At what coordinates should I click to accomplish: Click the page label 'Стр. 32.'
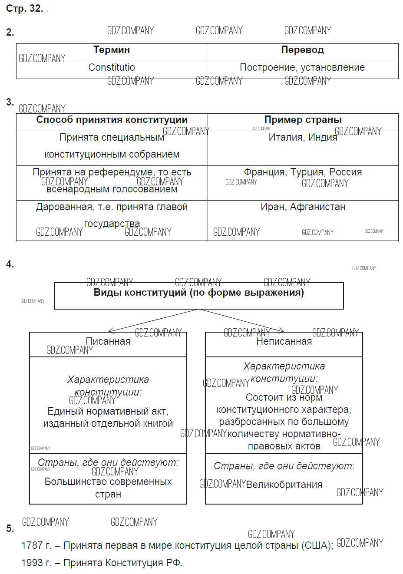[x=24, y=9]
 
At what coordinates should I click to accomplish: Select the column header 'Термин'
[x=112, y=50]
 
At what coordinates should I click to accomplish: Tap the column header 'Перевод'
[x=302, y=50]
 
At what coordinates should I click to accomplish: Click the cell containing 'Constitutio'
[x=112, y=67]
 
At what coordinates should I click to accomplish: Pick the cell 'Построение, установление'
[x=302, y=67]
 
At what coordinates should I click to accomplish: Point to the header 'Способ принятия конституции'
[x=112, y=120]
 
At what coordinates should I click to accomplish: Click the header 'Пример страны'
[x=303, y=120]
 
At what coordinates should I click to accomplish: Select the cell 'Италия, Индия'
[x=303, y=138]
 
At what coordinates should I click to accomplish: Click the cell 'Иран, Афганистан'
[x=303, y=207]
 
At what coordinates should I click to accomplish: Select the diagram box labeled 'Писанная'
[x=108, y=342]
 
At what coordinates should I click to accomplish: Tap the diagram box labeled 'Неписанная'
[x=284, y=342]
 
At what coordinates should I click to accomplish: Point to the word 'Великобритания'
[x=284, y=485]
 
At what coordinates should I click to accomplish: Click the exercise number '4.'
[x=10, y=264]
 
